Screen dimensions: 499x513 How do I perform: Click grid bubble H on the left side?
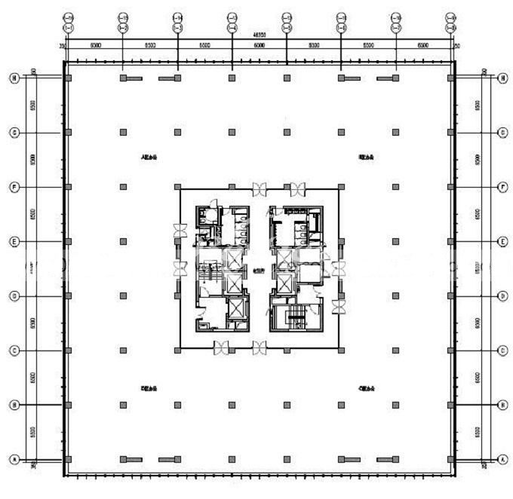pos(14,77)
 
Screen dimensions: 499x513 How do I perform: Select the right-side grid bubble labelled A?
pos(503,459)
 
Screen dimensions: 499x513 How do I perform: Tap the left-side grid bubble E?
pos(14,241)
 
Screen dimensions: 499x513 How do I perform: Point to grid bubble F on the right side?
pos(503,186)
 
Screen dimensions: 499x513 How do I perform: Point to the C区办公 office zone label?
pos(367,388)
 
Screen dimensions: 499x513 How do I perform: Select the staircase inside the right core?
pos(296,317)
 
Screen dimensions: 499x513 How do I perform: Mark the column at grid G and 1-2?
pos(122,132)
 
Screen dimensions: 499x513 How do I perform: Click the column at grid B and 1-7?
pos(395,406)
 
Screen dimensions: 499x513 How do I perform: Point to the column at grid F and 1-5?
pos(287,186)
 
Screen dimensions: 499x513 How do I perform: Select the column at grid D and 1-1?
pos(69,295)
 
